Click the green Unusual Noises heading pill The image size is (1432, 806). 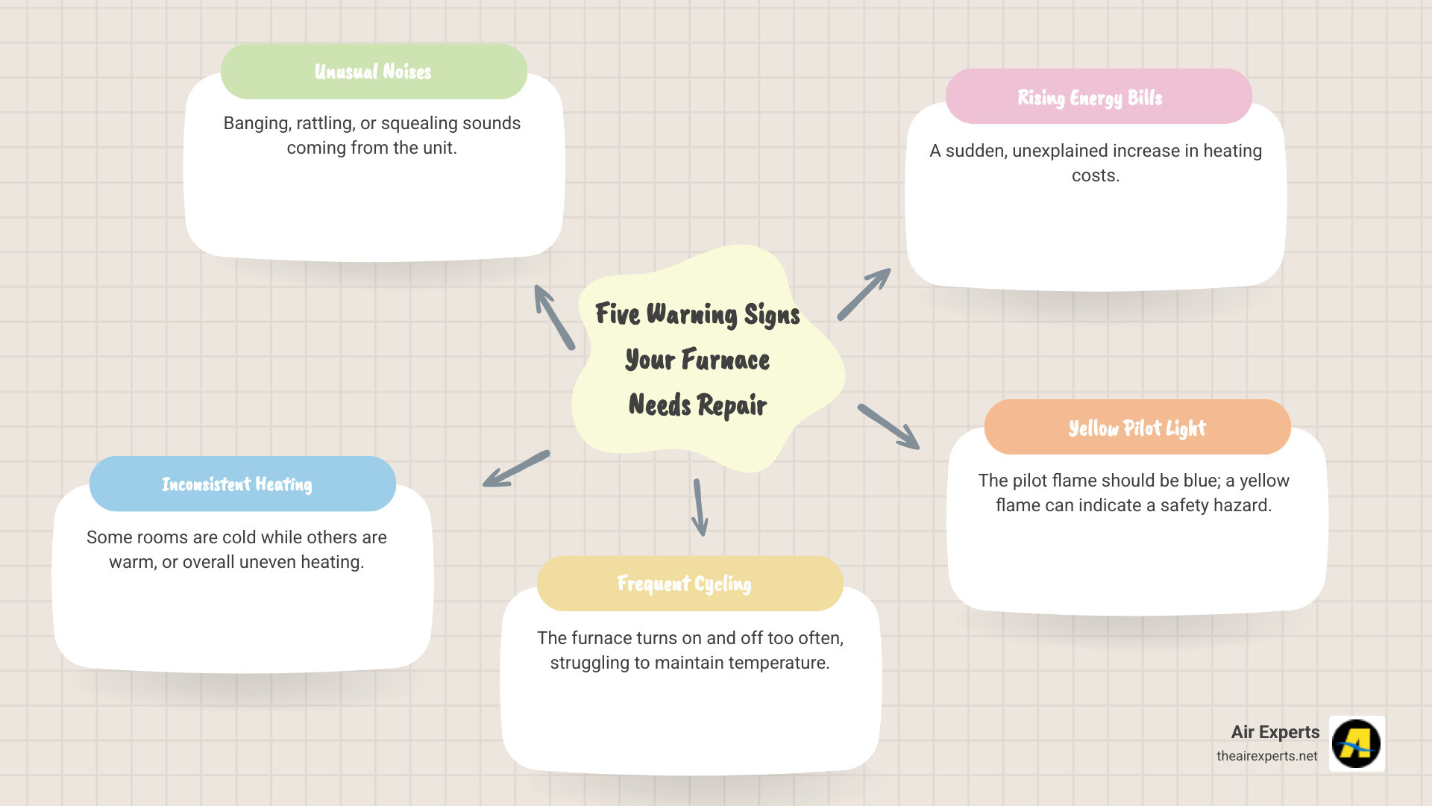click(374, 72)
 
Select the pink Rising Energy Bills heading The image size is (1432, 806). click(1098, 97)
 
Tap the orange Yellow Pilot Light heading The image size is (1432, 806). click(1137, 428)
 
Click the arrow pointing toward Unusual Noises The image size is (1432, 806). click(553, 316)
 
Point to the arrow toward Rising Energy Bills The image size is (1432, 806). click(864, 294)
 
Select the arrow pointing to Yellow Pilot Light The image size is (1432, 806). click(888, 427)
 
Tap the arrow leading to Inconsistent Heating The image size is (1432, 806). click(515, 469)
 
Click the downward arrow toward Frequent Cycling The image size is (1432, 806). click(699, 507)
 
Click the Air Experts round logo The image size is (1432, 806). click(1357, 743)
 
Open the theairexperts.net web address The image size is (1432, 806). click(1266, 756)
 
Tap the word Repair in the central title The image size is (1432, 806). click(732, 405)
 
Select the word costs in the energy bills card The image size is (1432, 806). click(1096, 175)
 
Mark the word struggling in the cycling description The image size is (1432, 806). click(589, 663)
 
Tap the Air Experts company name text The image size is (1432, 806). click(1275, 732)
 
